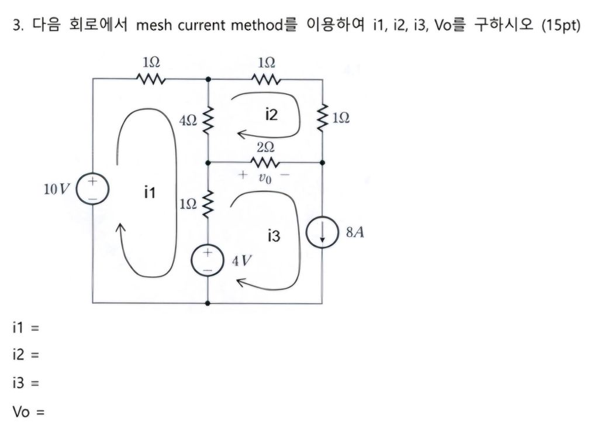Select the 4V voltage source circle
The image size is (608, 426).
[208, 259]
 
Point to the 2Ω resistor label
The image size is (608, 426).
[264, 147]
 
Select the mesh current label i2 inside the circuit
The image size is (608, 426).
[271, 115]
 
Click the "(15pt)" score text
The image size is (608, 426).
[561, 27]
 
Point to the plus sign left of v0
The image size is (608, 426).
[241, 174]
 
